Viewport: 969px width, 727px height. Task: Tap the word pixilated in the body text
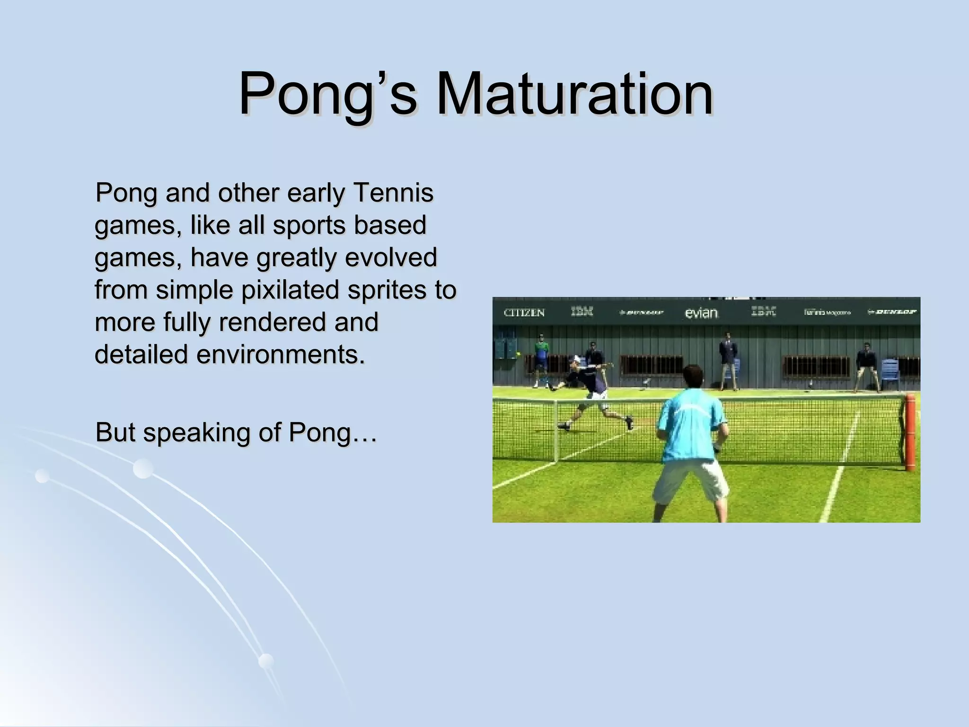pyautogui.click(x=291, y=290)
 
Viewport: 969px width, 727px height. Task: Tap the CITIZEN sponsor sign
pyautogui.click(x=524, y=312)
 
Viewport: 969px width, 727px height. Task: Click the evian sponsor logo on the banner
pyautogui.click(x=701, y=313)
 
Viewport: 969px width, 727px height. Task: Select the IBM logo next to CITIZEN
pyautogui.click(x=581, y=312)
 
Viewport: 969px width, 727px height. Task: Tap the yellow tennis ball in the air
pyautogui.click(x=518, y=353)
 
